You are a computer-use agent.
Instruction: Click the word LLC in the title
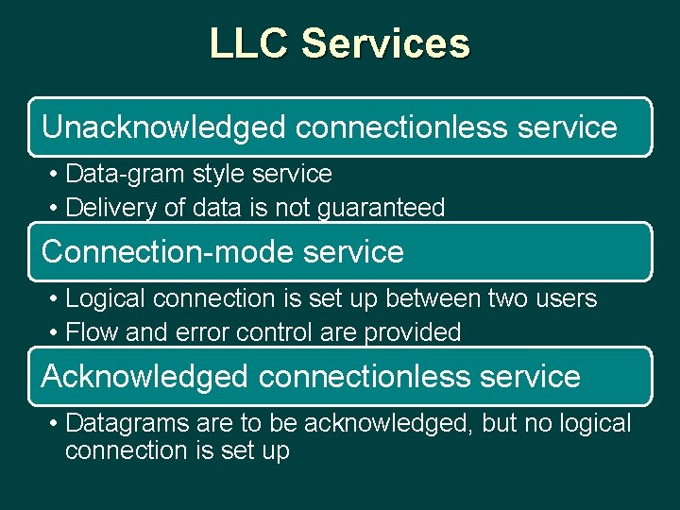click(x=249, y=44)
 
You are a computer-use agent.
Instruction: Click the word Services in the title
click(x=385, y=44)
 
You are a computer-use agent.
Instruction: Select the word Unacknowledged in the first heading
click(x=164, y=127)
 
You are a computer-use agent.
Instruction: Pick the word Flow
click(x=92, y=332)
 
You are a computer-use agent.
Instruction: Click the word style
click(x=227, y=174)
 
